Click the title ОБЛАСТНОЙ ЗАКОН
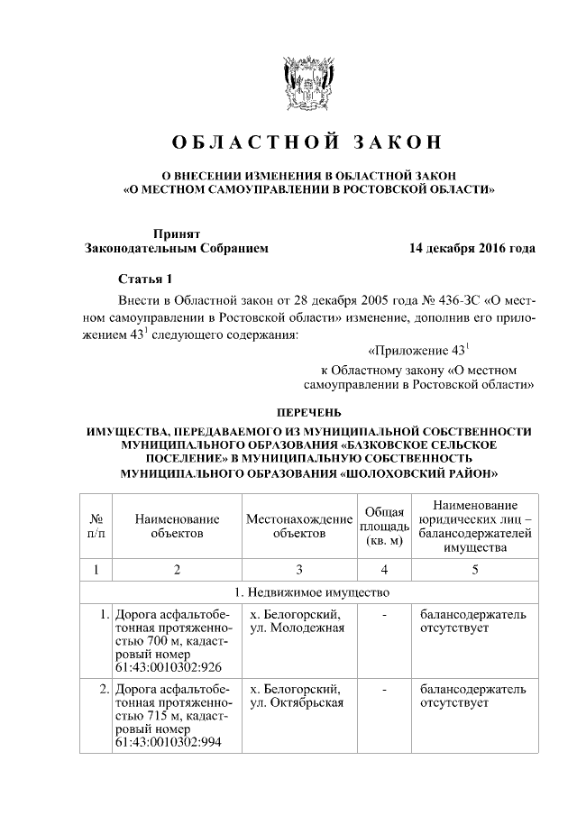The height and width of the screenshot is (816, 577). [308, 142]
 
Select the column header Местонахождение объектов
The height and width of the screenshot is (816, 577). [298, 527]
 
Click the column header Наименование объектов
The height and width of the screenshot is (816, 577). [177, 527]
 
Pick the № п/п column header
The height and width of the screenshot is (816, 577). [96, 527]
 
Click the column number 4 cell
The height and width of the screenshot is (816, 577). [384, 570]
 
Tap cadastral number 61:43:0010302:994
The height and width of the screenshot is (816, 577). [168, 742]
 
